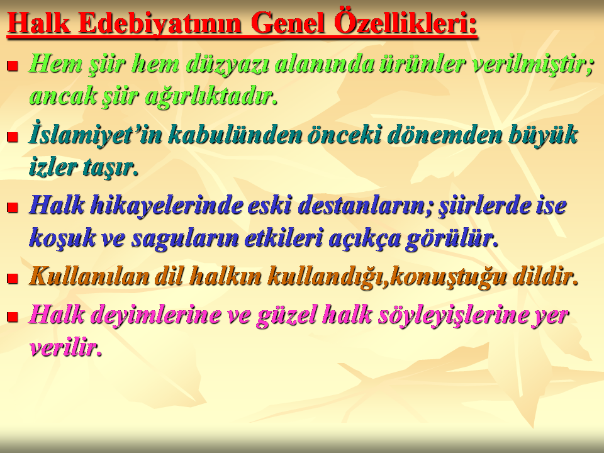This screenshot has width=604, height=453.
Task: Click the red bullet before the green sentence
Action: point(13,66)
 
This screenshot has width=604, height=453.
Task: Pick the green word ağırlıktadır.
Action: point(211,96)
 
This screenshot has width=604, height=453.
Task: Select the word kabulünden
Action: point(235,135)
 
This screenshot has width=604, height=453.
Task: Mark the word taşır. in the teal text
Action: point(108,167)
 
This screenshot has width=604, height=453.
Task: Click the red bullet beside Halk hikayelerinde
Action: point(13,208)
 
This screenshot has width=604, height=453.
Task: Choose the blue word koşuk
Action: point(62,238)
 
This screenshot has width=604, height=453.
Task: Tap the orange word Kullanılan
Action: point(89,276)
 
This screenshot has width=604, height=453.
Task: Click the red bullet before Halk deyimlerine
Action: point(13,317)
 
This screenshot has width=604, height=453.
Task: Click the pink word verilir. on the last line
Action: point(65,347)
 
